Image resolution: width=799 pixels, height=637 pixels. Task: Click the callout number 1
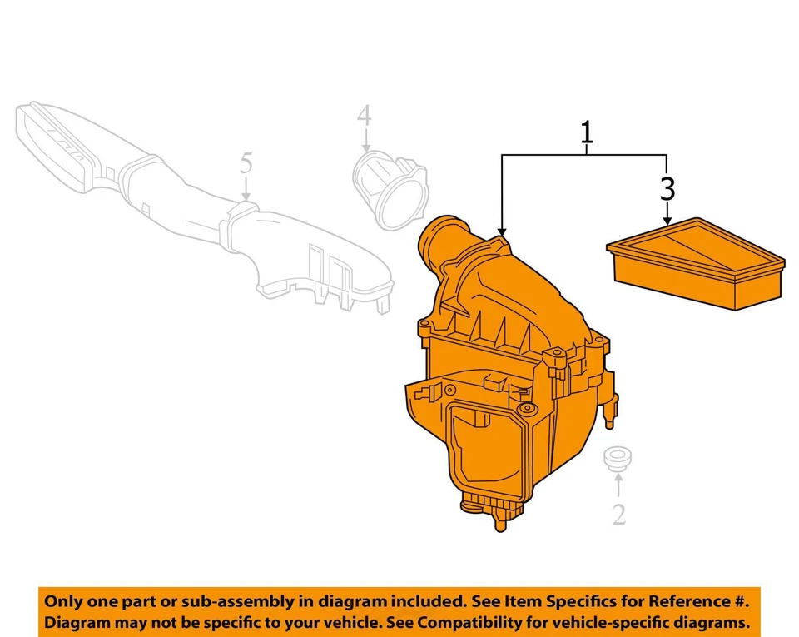587,132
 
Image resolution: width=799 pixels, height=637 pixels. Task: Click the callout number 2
618,514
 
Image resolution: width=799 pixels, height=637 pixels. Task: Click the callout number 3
667,189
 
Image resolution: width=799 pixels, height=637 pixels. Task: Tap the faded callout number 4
365,117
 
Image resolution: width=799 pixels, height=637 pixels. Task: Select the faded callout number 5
246,163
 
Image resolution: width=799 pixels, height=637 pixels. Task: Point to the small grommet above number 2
617,457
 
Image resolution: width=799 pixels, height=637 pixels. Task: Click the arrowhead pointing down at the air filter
667,221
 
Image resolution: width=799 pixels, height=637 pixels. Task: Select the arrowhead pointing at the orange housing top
502,229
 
